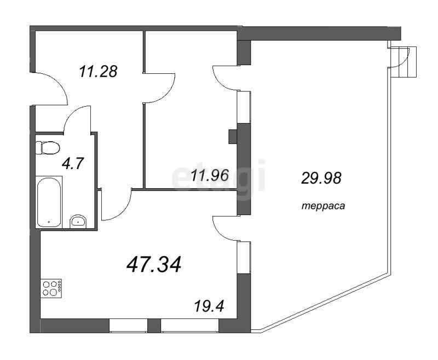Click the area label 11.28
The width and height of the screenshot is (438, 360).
(98, 72)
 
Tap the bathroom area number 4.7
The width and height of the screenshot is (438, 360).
(73, 164)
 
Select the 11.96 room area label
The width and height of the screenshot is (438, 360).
(210, 175)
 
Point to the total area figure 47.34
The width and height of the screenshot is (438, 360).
(154, 264)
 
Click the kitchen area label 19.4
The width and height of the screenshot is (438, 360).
(209, 306)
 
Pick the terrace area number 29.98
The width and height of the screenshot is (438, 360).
(321, 178)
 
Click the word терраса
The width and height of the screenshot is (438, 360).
(323, 206)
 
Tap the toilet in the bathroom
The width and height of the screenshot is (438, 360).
(48, 148)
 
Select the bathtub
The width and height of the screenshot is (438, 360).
(49, 202)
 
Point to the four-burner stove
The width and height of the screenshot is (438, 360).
(51, 288)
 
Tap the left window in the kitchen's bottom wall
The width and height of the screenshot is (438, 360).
(128, 326)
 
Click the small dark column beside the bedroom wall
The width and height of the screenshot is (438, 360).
(233, 136)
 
